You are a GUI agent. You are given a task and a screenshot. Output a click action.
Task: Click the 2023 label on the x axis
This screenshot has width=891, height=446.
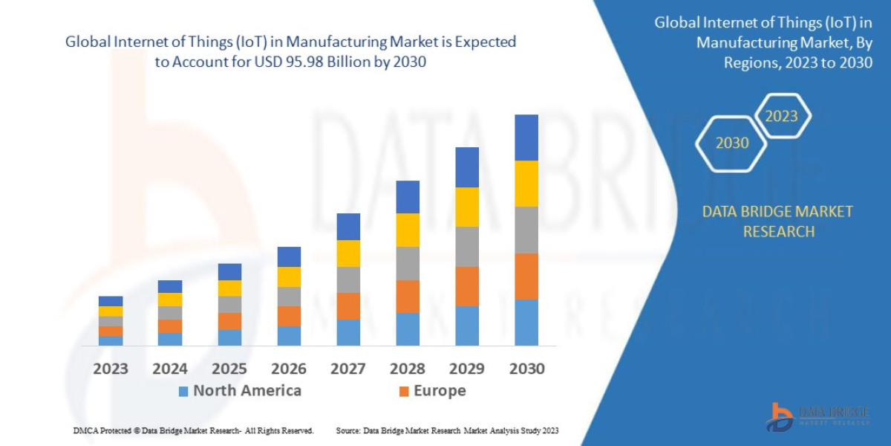111,369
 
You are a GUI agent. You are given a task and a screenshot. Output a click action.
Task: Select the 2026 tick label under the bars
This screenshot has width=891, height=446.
289,369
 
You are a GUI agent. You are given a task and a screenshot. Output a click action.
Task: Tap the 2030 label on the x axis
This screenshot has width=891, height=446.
526,369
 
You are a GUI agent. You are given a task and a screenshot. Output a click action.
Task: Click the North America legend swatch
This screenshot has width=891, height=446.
183,391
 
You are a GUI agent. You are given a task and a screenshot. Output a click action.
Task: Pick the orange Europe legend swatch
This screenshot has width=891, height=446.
404,391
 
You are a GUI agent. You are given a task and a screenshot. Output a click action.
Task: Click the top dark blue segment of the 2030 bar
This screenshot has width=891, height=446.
526,138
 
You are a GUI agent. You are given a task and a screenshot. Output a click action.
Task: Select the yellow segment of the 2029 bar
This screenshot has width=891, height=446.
467,207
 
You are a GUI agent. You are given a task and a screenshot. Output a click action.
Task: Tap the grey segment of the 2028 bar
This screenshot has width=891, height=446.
408,263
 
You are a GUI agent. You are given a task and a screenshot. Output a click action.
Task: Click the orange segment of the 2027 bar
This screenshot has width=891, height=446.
348,306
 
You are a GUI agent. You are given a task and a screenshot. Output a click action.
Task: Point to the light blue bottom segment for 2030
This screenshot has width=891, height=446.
526,322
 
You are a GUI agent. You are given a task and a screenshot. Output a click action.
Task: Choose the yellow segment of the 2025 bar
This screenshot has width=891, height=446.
229,288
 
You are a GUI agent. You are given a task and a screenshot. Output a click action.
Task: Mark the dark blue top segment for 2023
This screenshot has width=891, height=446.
111,301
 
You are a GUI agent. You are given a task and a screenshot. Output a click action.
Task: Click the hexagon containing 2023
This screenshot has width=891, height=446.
781,116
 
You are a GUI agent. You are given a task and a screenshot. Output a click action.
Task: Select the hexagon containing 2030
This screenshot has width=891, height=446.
731,143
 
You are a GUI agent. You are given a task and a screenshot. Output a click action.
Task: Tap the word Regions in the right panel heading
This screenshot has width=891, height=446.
750,62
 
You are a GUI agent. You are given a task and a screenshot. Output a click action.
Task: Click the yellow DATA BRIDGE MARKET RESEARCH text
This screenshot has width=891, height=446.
777,222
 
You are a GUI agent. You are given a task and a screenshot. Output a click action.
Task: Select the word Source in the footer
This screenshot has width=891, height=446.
348,430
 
